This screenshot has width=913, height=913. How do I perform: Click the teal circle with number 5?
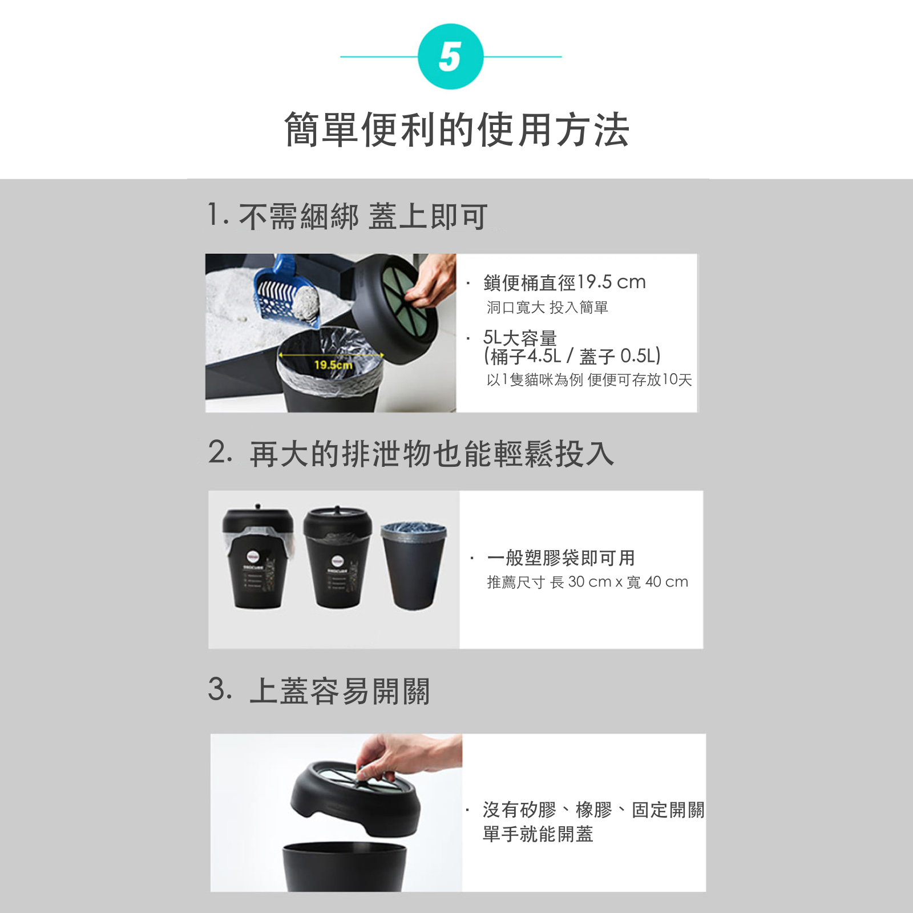(450, 56)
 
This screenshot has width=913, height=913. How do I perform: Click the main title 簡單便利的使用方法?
(457, 130)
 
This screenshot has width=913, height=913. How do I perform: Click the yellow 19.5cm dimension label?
(333, 365)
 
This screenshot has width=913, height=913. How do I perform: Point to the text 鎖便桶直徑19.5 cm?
(564, 282)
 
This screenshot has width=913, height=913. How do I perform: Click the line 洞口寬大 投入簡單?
(547, 308)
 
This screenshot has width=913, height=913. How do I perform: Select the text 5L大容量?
(520, 338)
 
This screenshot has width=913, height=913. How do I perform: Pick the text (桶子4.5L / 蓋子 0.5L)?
(572, 357)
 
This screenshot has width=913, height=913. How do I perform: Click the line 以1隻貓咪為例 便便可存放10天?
(589, 380)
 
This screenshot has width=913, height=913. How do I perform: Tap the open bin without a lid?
(413, 565)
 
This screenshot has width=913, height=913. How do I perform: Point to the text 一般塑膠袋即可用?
(561, 558)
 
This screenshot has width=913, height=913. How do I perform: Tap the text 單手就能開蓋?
(538, 834)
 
